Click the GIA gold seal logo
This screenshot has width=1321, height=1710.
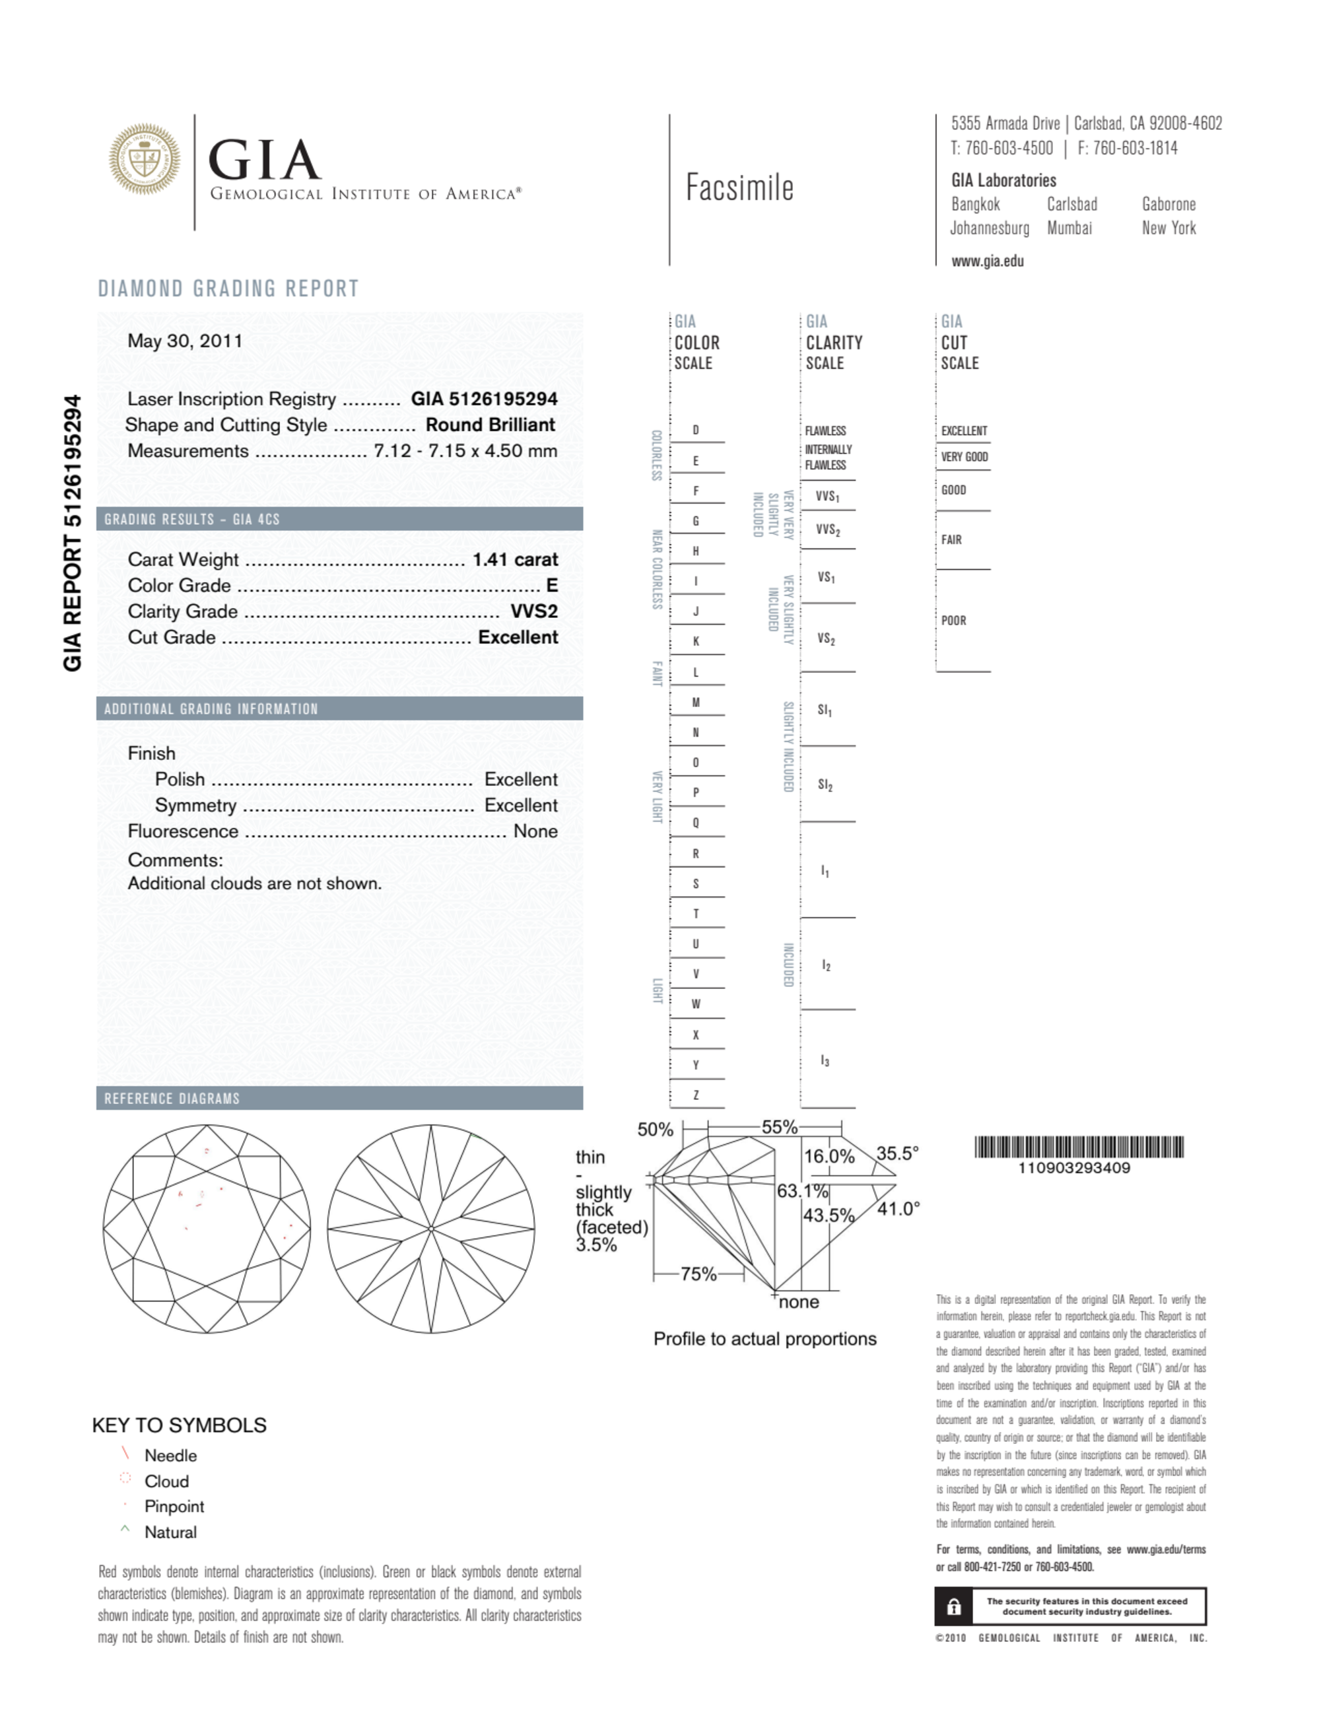(x=144, y=159)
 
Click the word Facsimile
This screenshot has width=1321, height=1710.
(x=739, y=188)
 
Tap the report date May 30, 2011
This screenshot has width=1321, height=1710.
(x=185, y=341)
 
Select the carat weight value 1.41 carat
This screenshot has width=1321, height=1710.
(x=514, y=559)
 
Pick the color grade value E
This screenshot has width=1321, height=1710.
(x=552, y=585)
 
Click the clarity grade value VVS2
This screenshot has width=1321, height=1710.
(x=534, y=611)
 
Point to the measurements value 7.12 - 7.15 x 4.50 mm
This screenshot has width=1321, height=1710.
(x=465, y=451)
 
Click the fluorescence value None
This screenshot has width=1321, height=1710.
(x=535, y=831)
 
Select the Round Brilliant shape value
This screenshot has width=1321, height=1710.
(x=491, y=425)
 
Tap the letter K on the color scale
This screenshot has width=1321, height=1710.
(x=695, y=641)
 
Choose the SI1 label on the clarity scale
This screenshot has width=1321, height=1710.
(x=825, y=710)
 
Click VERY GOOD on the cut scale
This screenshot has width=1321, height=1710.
(x=964, y=456)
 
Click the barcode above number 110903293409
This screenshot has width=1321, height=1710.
(x=1078, y=1147)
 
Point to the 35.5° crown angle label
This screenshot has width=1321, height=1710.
(x=897, y=1153)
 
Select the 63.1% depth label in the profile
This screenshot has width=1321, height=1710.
(x=802, y=1191)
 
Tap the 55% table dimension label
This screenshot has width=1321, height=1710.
(x=779, y=1127)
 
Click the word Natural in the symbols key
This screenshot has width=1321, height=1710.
(x=170, y=1532)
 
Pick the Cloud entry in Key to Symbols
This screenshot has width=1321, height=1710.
(x=166, y=1482)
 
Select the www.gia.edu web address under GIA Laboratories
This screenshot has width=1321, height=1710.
(x=987, y=261)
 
